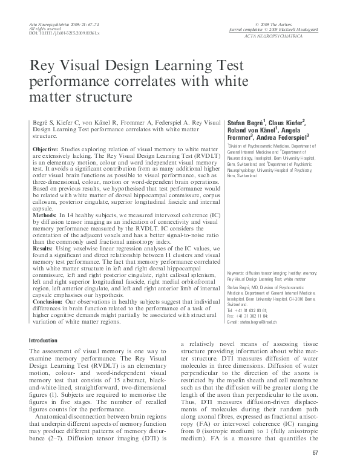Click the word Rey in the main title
click(43, 66)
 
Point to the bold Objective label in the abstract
click(45, 149)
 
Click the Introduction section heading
click(44, 341)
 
